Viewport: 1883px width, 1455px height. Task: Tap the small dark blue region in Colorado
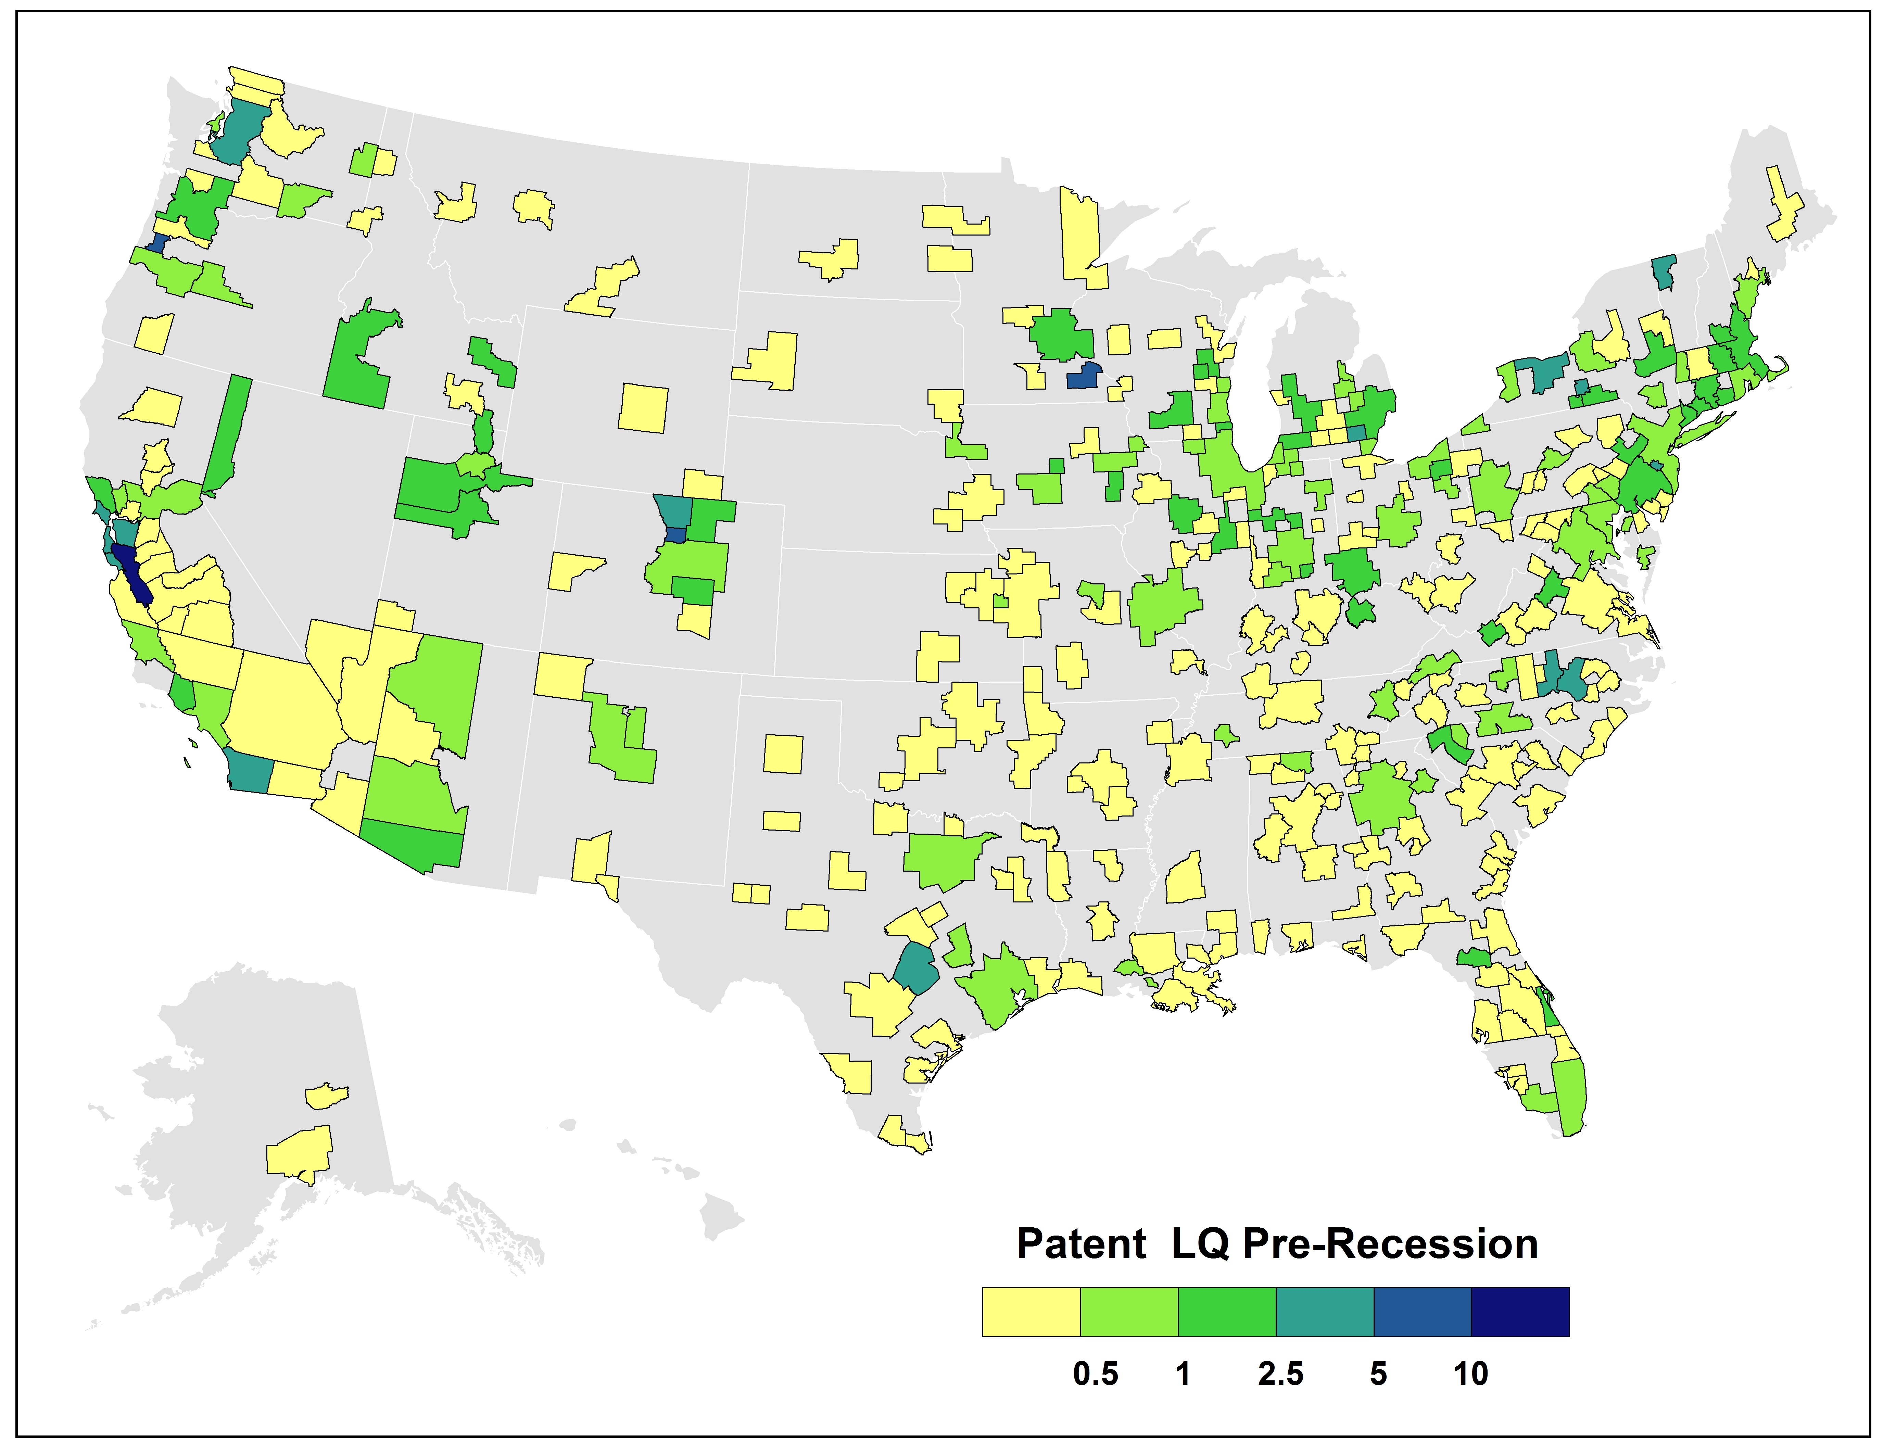[675, 534]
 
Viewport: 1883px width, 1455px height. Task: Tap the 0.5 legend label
[1095, 1373]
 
